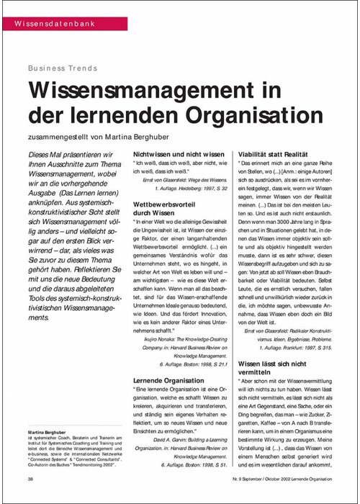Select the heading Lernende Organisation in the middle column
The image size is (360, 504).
click(x=171, y=379)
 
